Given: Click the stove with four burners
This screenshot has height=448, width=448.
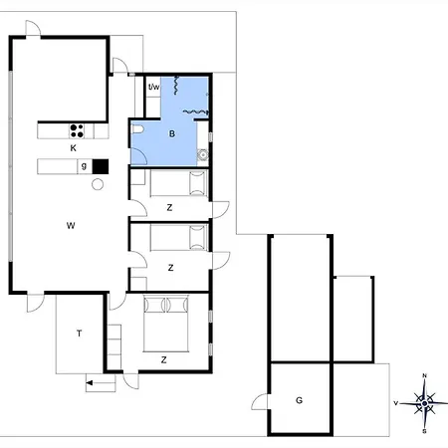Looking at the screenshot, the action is [77, 130].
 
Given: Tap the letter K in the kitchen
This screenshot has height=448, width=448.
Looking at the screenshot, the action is [74, 148].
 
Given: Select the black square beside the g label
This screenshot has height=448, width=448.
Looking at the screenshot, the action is [101, 166].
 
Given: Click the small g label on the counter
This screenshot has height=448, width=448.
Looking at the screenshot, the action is [84, 166].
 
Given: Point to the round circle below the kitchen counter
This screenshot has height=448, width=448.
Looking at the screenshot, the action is [98, 184].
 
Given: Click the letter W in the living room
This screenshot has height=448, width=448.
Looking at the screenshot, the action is [71, 226].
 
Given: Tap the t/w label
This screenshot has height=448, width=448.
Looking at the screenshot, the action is [153, 87].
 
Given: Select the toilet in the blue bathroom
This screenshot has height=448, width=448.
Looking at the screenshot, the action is [137, 129].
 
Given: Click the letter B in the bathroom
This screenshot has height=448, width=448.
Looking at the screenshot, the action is [172, 133].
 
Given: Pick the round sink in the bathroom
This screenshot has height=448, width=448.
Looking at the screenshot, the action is [202, 154].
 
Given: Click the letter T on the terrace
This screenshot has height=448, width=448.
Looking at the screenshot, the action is [79, 334].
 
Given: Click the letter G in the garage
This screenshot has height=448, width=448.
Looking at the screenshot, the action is [299, 400].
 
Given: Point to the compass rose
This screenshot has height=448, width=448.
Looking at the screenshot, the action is [424, 403].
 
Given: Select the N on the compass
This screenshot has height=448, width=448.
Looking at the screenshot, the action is [424, 375].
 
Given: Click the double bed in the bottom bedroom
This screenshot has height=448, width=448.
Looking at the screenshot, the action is [166, 324].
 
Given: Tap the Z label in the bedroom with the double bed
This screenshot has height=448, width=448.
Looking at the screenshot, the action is [163, 360].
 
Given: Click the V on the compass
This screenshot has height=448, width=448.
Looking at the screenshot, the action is [395, 403].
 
